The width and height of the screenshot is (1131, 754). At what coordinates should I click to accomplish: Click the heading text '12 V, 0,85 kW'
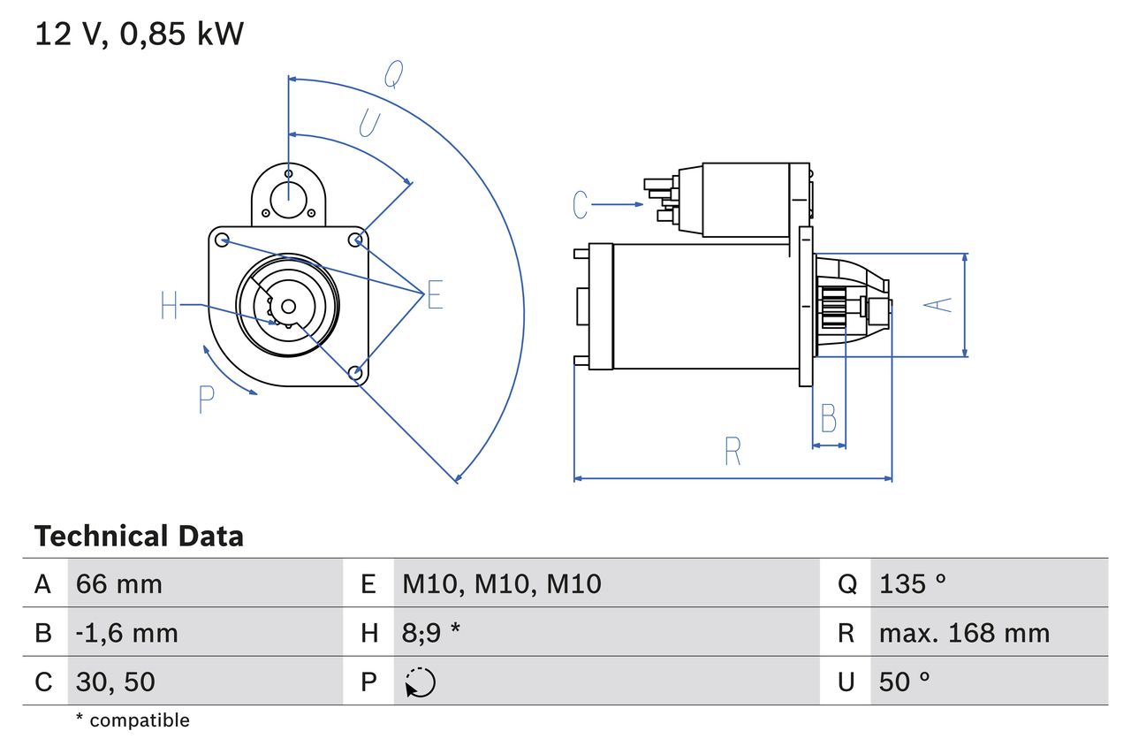139,34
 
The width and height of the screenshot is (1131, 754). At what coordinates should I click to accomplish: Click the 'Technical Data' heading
139,537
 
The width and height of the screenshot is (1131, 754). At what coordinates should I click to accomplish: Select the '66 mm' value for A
119,583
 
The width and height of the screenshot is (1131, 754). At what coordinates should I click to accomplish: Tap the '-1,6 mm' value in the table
126,633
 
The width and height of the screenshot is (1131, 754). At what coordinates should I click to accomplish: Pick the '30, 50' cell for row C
116,682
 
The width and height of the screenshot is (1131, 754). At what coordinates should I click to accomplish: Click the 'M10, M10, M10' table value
501,583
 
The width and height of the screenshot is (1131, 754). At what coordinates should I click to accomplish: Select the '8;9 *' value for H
431,633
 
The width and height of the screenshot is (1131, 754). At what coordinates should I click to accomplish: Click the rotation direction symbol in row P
420,682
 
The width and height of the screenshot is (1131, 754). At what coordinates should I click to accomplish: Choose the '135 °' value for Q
913,583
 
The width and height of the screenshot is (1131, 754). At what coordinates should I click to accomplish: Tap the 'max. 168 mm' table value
964,633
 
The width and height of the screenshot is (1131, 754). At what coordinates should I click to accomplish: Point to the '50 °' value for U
905,682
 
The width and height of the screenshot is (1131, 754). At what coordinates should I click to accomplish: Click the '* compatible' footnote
133,720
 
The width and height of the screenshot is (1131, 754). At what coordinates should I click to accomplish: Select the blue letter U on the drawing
369,125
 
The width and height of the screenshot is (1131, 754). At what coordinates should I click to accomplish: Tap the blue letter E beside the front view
434,296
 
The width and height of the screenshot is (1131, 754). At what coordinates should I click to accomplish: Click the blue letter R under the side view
732,451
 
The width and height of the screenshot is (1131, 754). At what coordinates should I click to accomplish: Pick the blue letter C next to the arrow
580,205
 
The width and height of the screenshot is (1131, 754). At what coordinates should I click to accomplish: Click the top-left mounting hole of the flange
223,240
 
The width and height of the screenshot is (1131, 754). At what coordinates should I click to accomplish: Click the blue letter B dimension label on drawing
828,418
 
